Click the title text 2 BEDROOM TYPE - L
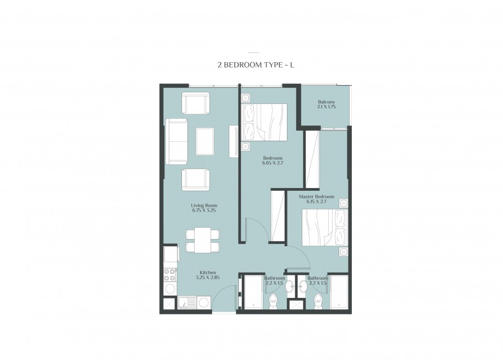pyautogui.click(x=256, y=65)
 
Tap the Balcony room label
pyautogui.click(x=326, y=102)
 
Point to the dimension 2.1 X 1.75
pyautogui.click(x=326, y=107)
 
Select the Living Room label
pyautogui.click(x=204, y=206)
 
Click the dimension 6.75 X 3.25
pyautogui.click(x=204, y=211)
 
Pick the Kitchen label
pyautogui.click(x=208, y=273)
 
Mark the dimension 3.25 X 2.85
pyautogui.click(x=208, y=278)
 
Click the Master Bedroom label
pyautogui.click(x=316, y=197)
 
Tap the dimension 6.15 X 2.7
pyautogui.click(x=316, y=202)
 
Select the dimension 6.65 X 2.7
pyautogui.click(x=273, y=163)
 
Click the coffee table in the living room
pyautogui.click(x=204, y=141)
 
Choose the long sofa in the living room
pyautogui.click(x=176, y=141)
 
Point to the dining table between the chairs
pyautogui.click(x=202, y=240)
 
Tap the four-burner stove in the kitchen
pyautogui.click(x=170, y=275)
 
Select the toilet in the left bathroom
pyautogui.click(x=274, y=301)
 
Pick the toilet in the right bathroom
pyautogui.click(x=318, y=301)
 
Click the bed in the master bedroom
pyautogui.click(x=325, y=228)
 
